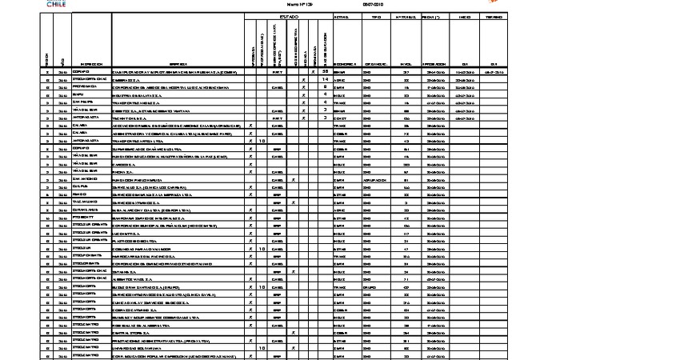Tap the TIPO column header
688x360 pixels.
tap(370, 16)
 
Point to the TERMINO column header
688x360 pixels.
tap(495, 16)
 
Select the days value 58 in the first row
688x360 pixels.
tap(326, 72)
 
